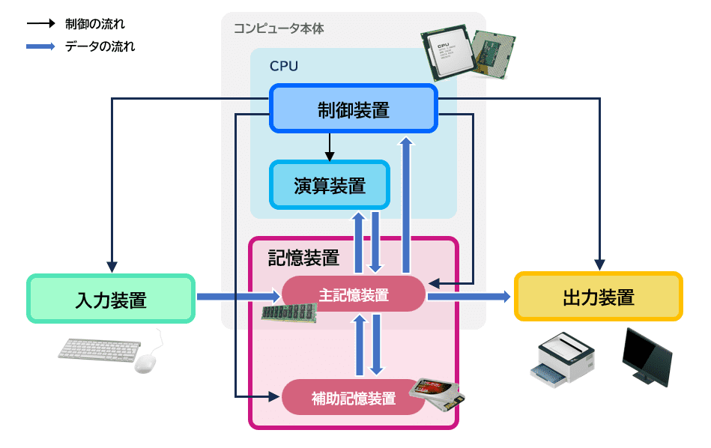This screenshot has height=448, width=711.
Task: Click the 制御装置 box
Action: click(x=353, y=109)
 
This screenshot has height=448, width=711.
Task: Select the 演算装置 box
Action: click(x=330, y=185)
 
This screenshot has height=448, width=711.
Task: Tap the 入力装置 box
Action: click(x=111, y=299)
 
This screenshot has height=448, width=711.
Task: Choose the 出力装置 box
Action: click(x=599, y=297)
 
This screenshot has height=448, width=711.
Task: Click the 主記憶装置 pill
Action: click(x=354, y=294)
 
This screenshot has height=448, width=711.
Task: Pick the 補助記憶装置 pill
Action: click(x=354, y=397)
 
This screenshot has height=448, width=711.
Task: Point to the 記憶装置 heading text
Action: click(x=304, y=258)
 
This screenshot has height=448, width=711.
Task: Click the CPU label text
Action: click(x=284, y=66)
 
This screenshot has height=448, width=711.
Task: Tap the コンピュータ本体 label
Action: click(x=279, y=28)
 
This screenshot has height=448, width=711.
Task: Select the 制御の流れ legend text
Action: click(x=94, y=23)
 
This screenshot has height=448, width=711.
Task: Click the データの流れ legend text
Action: click(x=100, y=46)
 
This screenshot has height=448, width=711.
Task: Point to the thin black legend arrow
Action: click(x=40, y=23)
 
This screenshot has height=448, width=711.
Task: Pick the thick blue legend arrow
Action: click(x=40, y=46)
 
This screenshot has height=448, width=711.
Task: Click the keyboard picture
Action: click(x=100, y=350)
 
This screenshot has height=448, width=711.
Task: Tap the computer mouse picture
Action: click(x=146, y=363)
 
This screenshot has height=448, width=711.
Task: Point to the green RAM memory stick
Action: click(x=289, y=312)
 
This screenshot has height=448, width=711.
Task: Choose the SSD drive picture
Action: click(x=436, y=393)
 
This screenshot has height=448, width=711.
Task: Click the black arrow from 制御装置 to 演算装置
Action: click(x=330, y=147)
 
